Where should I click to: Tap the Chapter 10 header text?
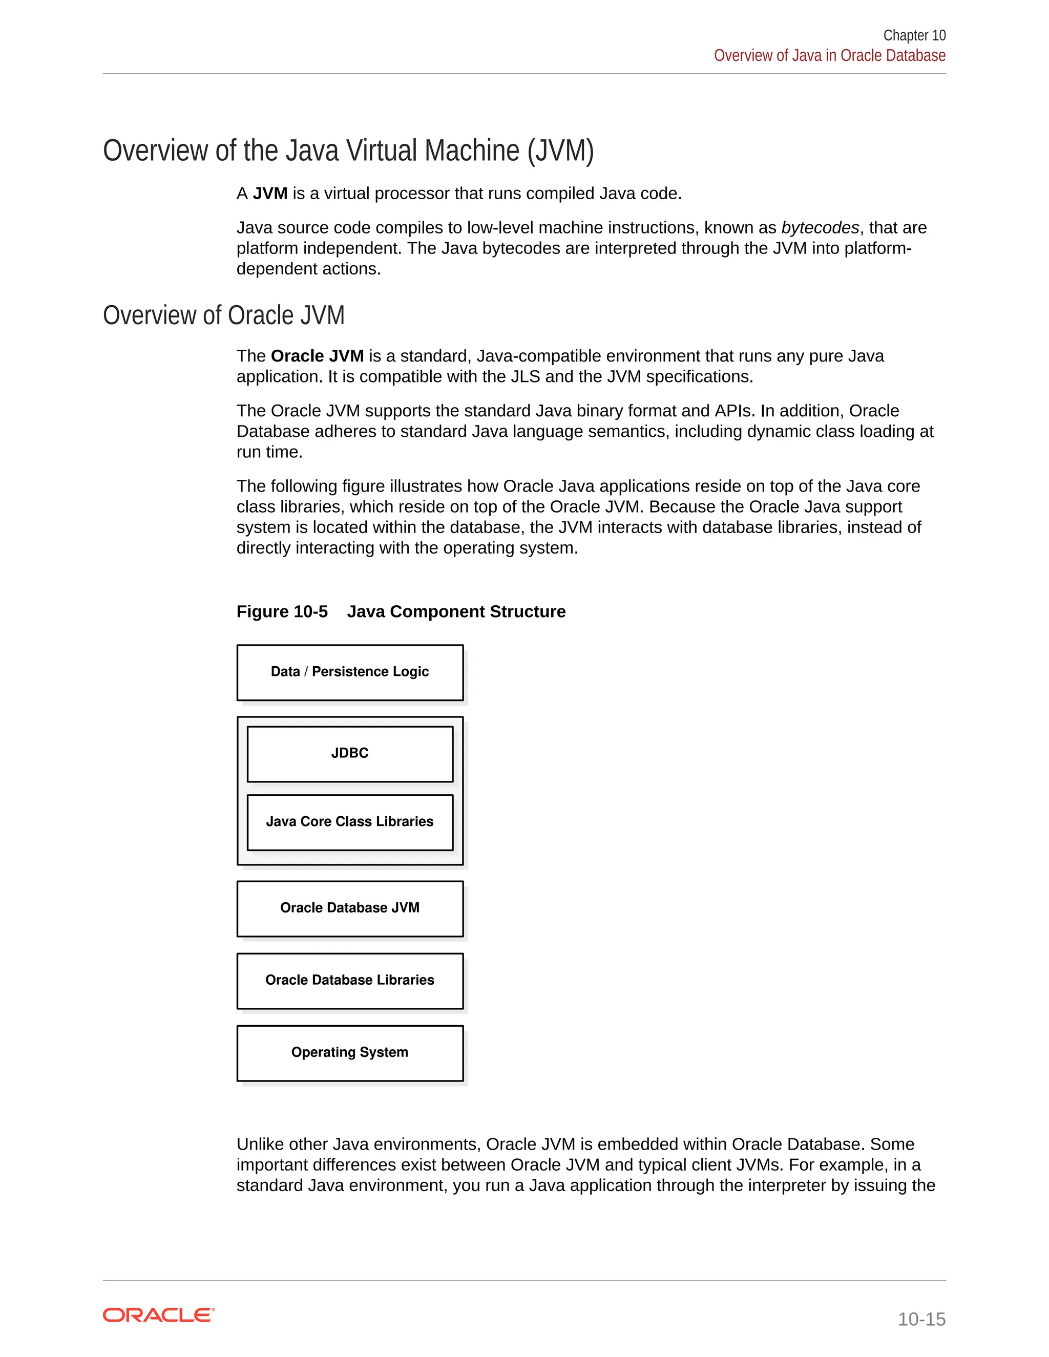pyautogui.click(x=914, y=35)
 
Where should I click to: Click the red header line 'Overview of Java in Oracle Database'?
pyautogui.click(x=829, y=56)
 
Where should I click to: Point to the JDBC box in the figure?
pyautogui.click(x=350, y=753)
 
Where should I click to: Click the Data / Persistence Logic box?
pyautogui.click(x=350, y=672)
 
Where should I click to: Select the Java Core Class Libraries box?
pyautogui.click(x=350, y=821)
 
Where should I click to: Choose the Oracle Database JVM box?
pyautogui.click(x=350, y=908)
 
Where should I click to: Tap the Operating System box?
pyautogui.click(x=350, y=1052)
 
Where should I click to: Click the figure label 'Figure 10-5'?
pyautogui.click(x=282, y=611)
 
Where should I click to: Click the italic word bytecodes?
pyautogui.click(x=820, y=228)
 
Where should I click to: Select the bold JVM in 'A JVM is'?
pyautogui.click(x=270, y=194)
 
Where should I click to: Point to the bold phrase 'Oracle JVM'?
pyautogui.click(x=317, y=356)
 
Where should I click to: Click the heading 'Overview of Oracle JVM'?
pyautogui.click(x=223, y=315)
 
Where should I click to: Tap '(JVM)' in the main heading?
pyautogui.click(x=560, y=151)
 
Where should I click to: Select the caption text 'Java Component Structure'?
pyautogui.click(x=456, y=611)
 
